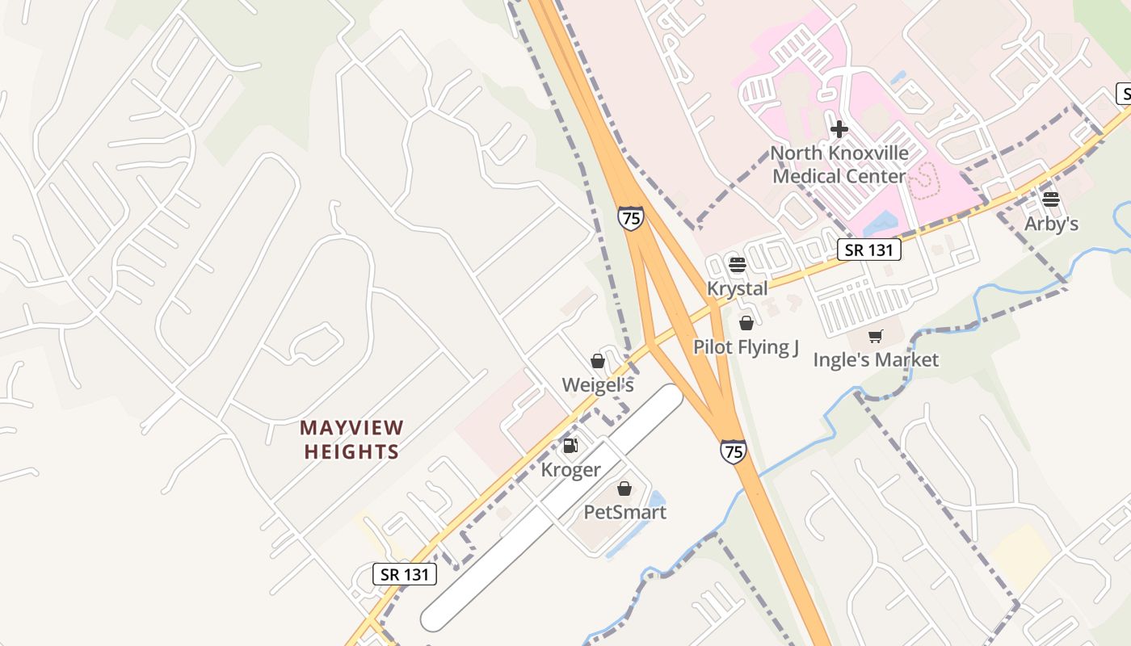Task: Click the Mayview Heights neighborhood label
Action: point(351,439)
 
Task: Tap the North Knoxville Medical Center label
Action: point(839,165)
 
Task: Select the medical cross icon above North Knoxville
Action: point(839,128)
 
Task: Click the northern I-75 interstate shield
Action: point(631,218)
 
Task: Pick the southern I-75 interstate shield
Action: point(733,451)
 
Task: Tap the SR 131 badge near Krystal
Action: point(868,250)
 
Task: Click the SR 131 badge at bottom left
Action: point(405,574)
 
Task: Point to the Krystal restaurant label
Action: point(737,288)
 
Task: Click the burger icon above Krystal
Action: point(737,264)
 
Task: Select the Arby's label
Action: point(1051,224)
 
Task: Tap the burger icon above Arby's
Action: point(1051,199)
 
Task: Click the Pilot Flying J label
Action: point(746,347)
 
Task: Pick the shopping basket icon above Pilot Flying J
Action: point(746,323)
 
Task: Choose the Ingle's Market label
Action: point(876,359)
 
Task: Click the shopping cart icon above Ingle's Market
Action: point(876,336)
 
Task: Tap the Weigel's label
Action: point(598,385)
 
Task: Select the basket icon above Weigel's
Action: point(598,361)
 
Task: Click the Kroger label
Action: point(570,470)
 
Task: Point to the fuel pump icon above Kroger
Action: point(570,446)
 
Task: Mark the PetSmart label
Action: point(624,512)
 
